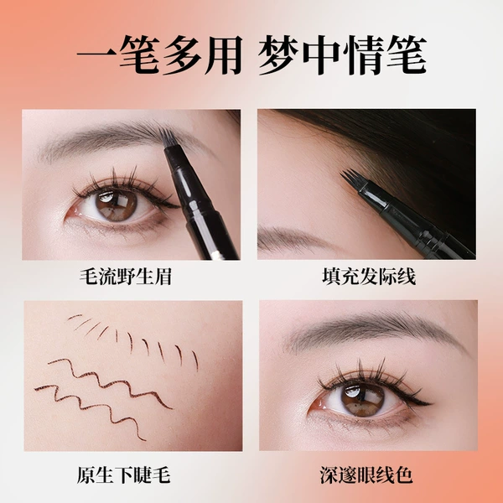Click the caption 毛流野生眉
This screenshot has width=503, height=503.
(126, 276)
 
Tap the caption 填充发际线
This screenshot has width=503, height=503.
(369, 276)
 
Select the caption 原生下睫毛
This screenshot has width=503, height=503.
(124, 474)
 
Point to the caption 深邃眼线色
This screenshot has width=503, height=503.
(366, 474)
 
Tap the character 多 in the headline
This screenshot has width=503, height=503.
(182, 54)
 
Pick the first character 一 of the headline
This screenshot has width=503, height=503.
(96, 55)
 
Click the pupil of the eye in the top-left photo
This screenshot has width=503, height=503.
(117, 205)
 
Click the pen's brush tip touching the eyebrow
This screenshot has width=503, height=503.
(169, 138)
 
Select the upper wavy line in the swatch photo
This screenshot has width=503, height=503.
(110, 382)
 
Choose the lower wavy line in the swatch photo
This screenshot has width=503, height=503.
(91, 409)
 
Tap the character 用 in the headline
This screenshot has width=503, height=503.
(224, 54)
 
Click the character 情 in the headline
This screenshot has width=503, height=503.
(363, 54)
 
